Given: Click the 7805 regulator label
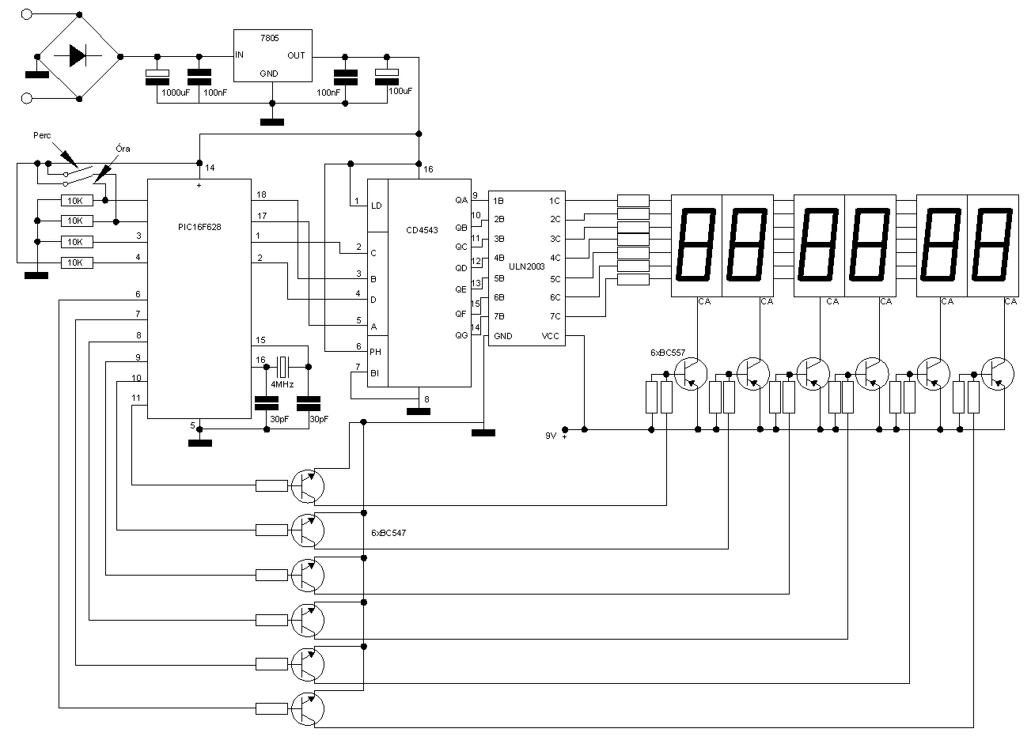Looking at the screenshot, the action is (x=270, y=38).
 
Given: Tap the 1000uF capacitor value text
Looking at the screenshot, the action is (x=176, y=92).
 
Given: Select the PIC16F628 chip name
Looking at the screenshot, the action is (x=199, y=227).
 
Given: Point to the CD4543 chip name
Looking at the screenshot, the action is (x=422, y=230).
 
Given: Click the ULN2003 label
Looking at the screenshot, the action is (x=526, y=266).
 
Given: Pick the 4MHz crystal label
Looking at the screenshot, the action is (x=282, y=384).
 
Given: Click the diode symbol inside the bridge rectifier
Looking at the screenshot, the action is (x=78, y=55).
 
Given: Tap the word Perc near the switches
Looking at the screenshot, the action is (x=42, y=135).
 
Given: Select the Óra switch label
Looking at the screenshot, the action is (x=123, y=149).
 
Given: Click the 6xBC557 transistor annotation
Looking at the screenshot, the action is (x=668, y=353).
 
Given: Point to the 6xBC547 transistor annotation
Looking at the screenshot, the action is (x=389, y=533).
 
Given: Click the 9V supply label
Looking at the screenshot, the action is (x=551, y=436).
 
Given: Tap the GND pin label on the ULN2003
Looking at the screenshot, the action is (x=503, y=336).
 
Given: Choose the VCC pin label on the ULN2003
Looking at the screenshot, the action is (x=551, y=336).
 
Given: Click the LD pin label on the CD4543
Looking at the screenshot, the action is (x=377, y=206).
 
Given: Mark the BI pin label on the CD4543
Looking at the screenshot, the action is (x=375, y=373).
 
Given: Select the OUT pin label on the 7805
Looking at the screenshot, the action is (x=296, y=55).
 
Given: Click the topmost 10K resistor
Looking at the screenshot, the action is (x=77, y=201).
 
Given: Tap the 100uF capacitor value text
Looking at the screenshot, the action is (x=400, y=91).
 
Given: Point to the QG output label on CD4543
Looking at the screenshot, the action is (x=461, y=335).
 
